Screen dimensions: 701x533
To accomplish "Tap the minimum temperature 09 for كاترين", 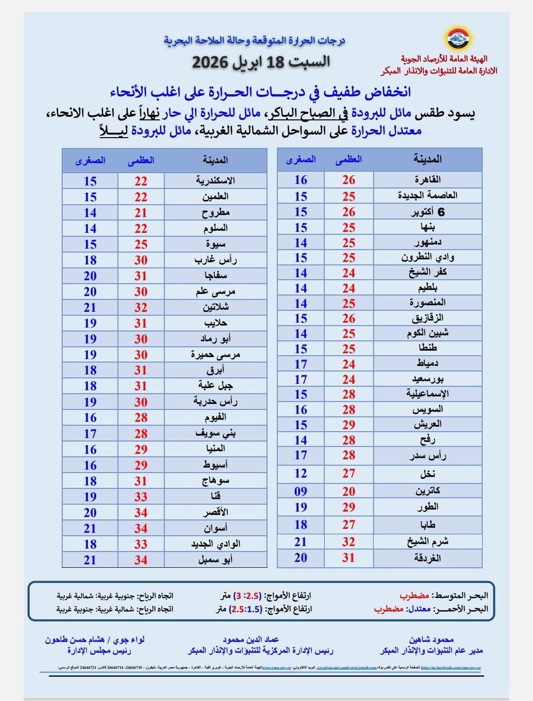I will click(301, 491).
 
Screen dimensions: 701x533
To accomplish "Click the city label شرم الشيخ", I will click(427, 542).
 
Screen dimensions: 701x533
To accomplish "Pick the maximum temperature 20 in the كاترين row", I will click(348, 491).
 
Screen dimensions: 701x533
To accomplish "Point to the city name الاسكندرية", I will click(215, 181).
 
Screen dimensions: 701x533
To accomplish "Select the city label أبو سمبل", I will click(215, 560).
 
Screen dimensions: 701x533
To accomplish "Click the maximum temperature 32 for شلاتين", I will click(141, 307).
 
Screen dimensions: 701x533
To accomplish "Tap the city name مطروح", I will click(215, 213).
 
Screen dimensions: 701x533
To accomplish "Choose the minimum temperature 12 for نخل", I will click(301, 474).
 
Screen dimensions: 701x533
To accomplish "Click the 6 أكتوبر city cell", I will click(427, 212).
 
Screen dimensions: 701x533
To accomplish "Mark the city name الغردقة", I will click(427, 558).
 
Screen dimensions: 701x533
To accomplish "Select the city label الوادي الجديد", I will click(215, 544).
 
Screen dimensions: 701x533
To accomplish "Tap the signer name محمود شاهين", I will click(431, 640).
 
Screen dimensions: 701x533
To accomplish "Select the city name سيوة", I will click(215, 244).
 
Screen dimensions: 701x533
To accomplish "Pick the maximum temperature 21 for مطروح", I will click(141, 213).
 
